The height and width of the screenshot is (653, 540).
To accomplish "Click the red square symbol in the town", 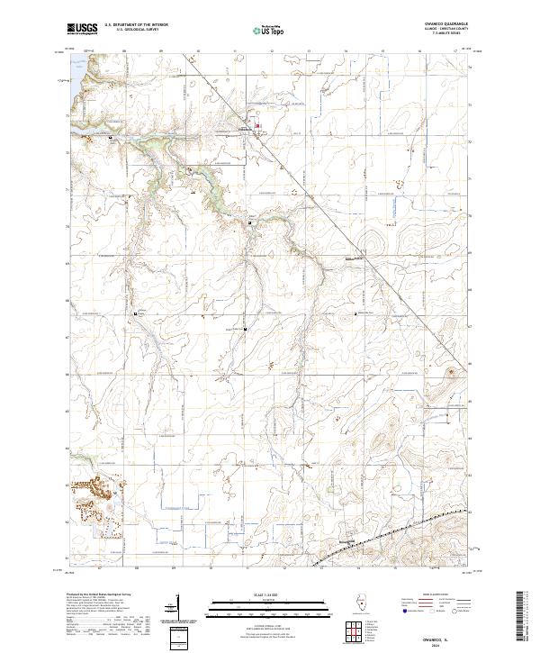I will (259, 125).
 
